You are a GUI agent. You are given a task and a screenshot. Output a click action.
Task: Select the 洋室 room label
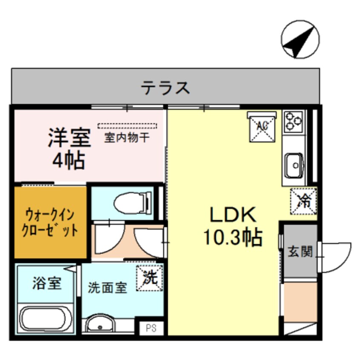69,138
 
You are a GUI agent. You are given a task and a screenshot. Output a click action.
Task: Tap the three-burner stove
294,121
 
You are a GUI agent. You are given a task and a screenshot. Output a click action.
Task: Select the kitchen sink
294,164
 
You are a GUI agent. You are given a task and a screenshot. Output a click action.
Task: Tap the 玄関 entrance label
300,251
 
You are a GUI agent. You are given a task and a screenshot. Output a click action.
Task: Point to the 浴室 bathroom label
47,283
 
